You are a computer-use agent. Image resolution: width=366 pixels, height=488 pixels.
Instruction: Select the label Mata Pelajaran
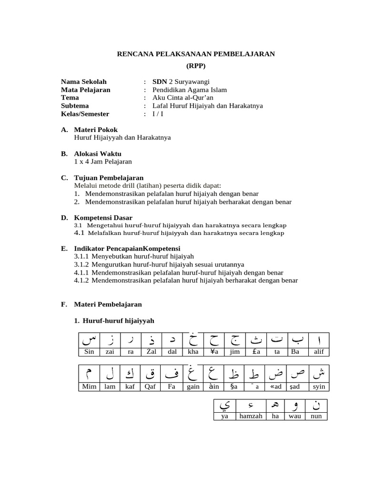click(x=86, y=90)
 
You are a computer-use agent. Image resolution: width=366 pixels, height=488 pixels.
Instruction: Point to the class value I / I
click(x=158, y=114)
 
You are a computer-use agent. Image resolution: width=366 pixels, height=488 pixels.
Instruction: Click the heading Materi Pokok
click(x=96, y=130)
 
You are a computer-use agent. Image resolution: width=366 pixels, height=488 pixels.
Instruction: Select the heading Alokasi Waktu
click(x=98, y=153)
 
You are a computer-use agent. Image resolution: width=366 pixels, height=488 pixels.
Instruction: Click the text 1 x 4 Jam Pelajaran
click(x=103, y=162)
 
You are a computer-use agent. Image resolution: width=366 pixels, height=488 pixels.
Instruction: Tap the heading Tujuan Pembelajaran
click(x=109, y=178)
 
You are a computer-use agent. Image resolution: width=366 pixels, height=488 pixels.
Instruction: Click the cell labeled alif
click(x=319, y=352)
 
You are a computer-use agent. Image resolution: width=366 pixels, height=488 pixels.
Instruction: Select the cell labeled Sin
click(x=89, y=352)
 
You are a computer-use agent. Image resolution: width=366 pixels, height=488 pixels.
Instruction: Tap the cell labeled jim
click(x=234, y=352)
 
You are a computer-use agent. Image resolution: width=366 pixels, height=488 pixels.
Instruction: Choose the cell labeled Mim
click(x=89, y=386)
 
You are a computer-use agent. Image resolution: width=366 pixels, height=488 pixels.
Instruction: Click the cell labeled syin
click(x=319, y=386)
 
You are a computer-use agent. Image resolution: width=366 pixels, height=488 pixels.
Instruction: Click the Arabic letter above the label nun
click(x=316, y=406)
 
